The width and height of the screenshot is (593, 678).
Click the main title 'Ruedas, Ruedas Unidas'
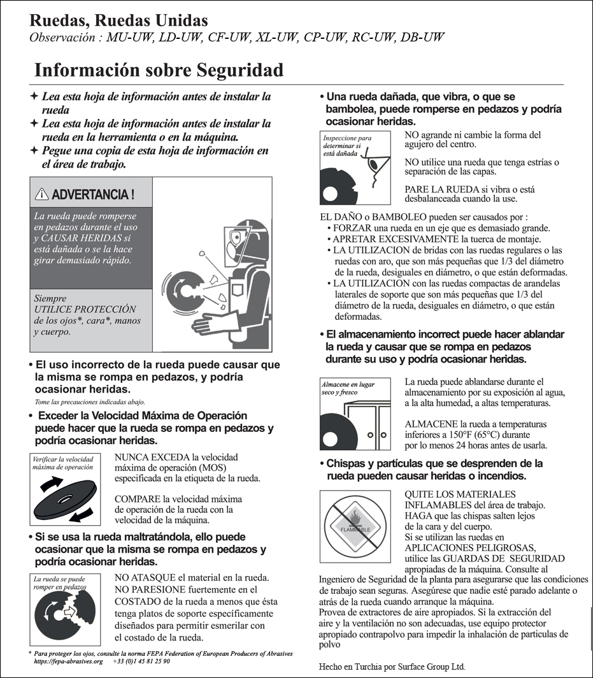(x=118, y=21)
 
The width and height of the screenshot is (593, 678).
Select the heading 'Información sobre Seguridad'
(x=159, y=69)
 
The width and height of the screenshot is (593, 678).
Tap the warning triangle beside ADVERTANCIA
(x=42, y=194)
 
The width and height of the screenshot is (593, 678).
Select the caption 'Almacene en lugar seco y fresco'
(x=348, y=389)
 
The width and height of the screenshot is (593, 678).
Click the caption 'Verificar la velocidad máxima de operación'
(x=62, y=462)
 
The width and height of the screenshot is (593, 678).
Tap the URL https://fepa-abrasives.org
(x=68, y=661)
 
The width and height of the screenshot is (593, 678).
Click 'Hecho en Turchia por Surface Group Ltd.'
(x=392, y=667)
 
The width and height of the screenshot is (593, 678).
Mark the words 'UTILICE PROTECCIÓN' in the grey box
(x=76, y=310)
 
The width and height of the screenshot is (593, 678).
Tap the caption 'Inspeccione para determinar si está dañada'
(x=348, y=145)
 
